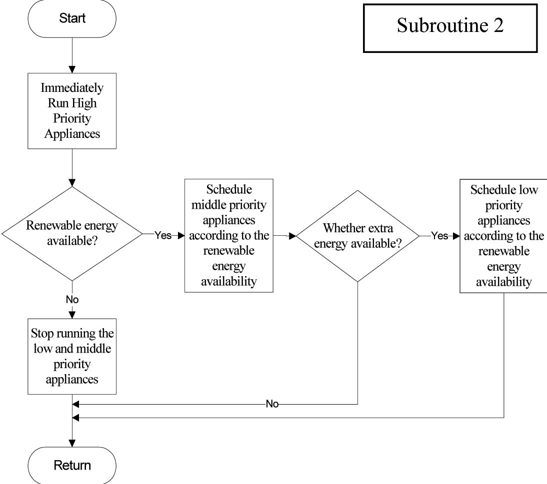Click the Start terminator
[x=72, y=18]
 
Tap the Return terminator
[x=72, y=465]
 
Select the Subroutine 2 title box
[x=450, y=28]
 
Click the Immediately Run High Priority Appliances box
[x=72, y=111]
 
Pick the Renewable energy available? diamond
[x=72, y=233]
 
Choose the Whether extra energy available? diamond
[x=357, y=236]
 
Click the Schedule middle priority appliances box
[x=229, y=236]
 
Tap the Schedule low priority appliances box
[x=503, y=236]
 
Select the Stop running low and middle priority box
[x=72, y=357]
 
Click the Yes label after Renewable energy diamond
[x=163, y=236]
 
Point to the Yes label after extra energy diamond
[x=439, y=236]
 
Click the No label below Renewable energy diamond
[x=72, y=299]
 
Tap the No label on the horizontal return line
[x=272, y=404]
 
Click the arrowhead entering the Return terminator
[x=72, y=443]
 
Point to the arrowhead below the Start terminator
[x=72, y=69]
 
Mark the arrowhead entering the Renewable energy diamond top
[x=72, y=183]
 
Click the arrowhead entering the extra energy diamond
[x=292, y=236]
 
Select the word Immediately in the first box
[x=72, y=88]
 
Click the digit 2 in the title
[x=498, y=25]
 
